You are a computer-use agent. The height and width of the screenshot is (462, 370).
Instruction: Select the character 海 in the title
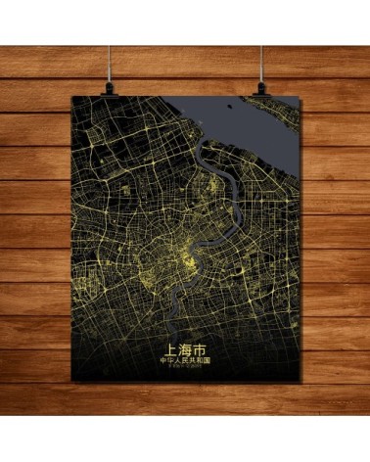point(185,347)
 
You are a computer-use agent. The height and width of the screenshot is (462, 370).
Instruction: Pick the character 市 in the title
point(199,347)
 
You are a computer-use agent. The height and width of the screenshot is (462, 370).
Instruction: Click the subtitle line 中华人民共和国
point(185,360)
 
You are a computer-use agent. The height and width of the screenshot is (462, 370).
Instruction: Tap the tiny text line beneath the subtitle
point(185,368)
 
